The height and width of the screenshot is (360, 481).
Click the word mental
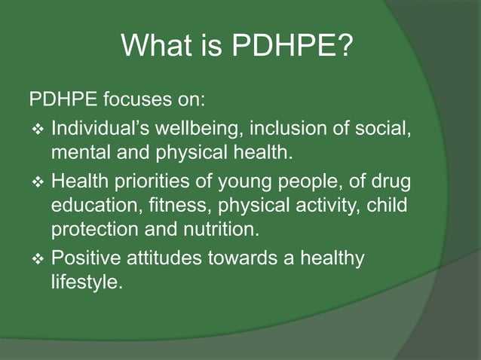pos(78,155)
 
